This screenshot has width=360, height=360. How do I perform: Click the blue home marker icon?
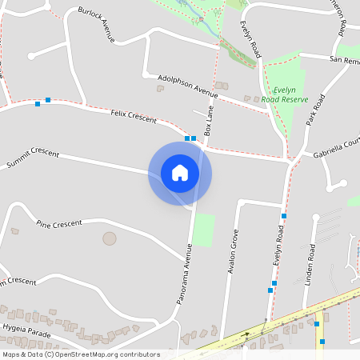point(180,173)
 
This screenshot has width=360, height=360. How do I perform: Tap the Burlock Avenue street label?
point(97,25)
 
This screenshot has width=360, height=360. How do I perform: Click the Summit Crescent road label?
point(33,158)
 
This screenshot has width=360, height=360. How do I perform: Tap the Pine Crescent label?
point(59,224)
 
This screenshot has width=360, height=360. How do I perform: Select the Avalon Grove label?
point(234,252)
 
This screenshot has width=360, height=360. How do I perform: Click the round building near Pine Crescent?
point(110,238)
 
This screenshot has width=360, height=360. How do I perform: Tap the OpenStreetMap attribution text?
point(80,354)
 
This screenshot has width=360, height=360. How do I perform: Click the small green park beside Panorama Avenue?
point(204,230)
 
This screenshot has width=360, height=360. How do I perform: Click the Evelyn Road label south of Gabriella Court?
point(278,246)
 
